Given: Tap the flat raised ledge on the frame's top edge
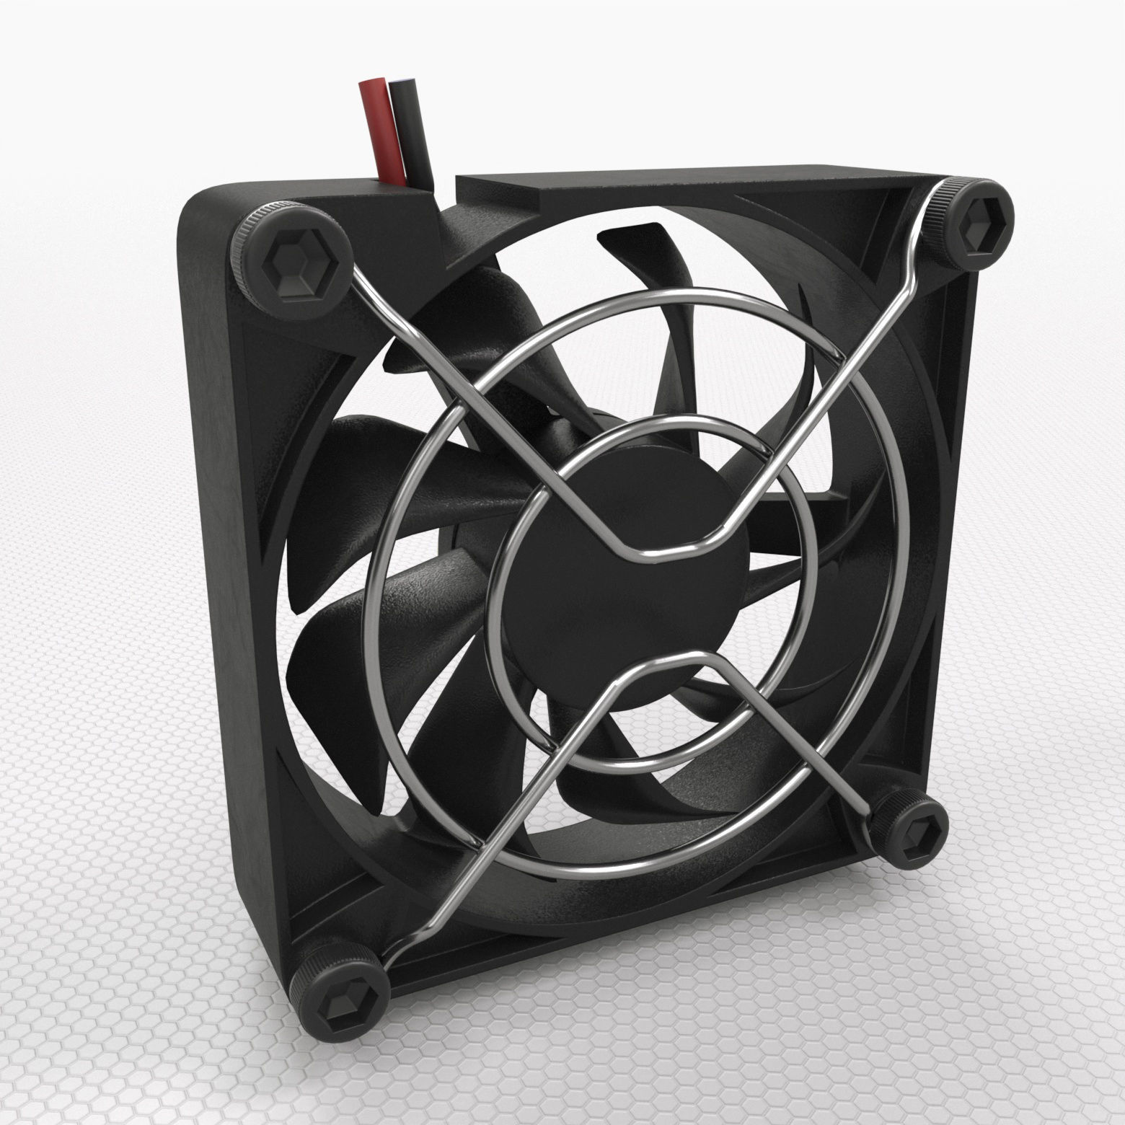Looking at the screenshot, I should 649,185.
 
